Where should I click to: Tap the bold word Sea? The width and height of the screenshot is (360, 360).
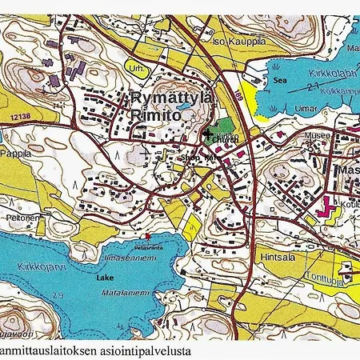point(280,81)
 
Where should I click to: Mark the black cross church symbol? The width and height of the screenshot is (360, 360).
point(209,134)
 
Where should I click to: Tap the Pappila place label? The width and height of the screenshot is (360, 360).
point(15,151)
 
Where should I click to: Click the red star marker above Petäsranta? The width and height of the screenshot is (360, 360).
point(149,235)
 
